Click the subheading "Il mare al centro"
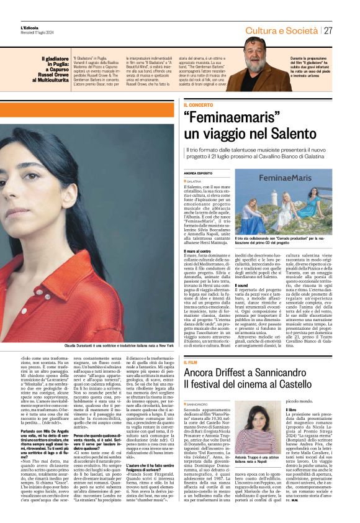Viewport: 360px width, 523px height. tap(198, 250)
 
